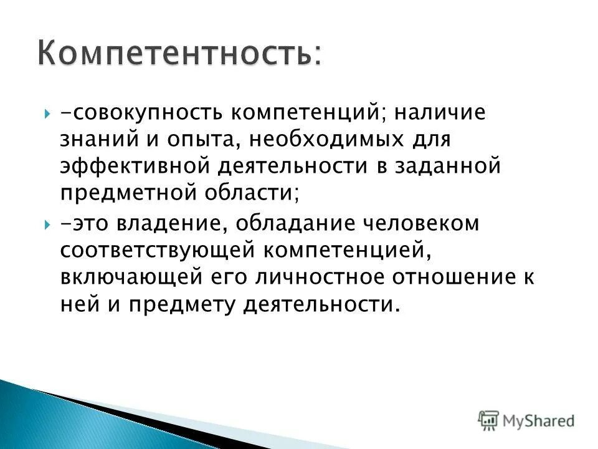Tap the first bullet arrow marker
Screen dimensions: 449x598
point(48,115)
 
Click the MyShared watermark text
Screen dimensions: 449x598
point(539,419)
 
